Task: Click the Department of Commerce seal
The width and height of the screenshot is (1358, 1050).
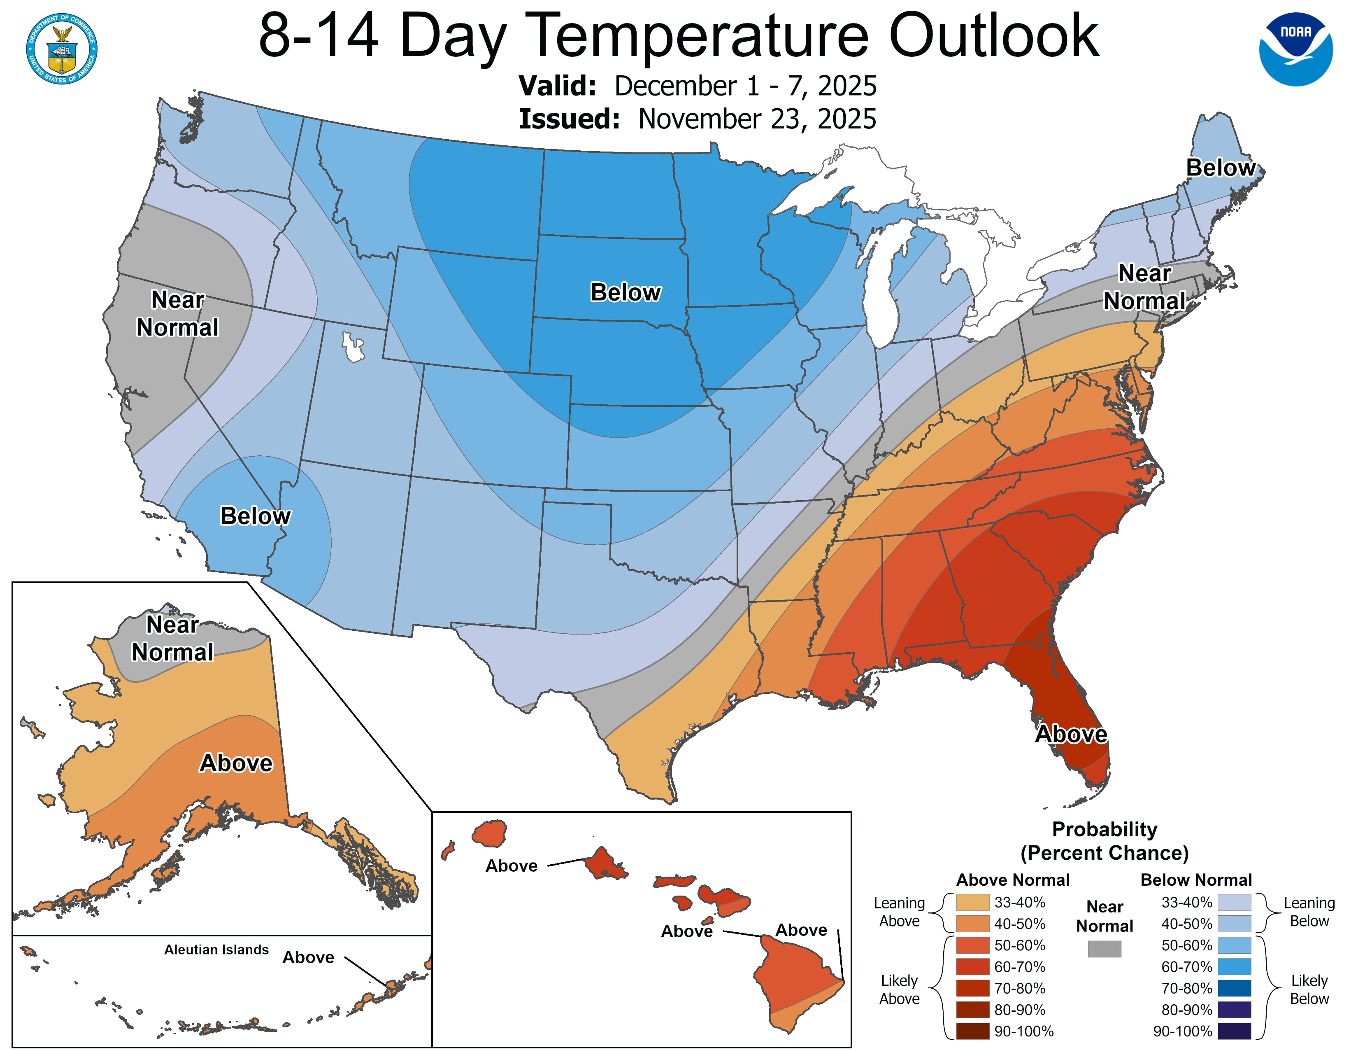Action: coord(62,49)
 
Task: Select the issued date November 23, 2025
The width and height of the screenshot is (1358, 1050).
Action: coord(757,119)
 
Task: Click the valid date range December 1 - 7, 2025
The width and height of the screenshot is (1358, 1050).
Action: coord(745,86)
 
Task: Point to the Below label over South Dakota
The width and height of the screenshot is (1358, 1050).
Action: coord(625,292)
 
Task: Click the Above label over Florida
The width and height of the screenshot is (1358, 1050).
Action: coord(1071,734)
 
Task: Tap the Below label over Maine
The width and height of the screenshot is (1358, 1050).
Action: coord(1220,168)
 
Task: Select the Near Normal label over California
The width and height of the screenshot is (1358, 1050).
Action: coord(177,313)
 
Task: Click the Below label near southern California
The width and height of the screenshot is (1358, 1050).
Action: coord(255,516)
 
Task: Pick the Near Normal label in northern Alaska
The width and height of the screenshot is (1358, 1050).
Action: coord(172,638)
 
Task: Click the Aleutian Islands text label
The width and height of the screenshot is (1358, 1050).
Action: coord(216,949)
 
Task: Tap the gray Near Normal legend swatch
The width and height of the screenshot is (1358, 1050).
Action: coord(1105,949)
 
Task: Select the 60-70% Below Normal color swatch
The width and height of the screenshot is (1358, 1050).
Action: coord(1234,967)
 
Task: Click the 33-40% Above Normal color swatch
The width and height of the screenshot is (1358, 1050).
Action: coord(972,902)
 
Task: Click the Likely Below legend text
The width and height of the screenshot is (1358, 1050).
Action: coord(1309,989)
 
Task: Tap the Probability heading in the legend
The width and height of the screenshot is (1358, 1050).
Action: coord(1105,829)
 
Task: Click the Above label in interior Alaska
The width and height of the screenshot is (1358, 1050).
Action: coord(236,763)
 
